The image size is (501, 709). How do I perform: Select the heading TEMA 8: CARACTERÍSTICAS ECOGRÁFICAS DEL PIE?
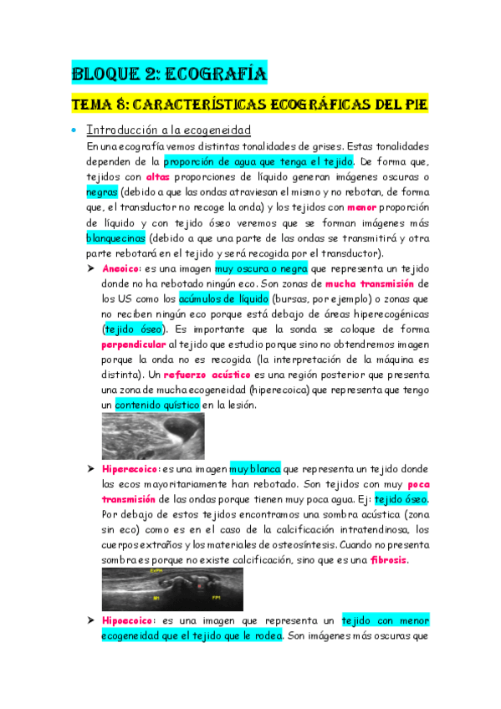click(x=248, y=105)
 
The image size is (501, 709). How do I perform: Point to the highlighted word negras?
click(x=102, y=191)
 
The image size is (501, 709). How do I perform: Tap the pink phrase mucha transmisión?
click(x=370, y=283)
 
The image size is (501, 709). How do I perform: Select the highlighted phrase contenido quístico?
click(x=154, y=405)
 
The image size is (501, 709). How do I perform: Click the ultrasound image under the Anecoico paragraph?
click(x=152, y=436)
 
